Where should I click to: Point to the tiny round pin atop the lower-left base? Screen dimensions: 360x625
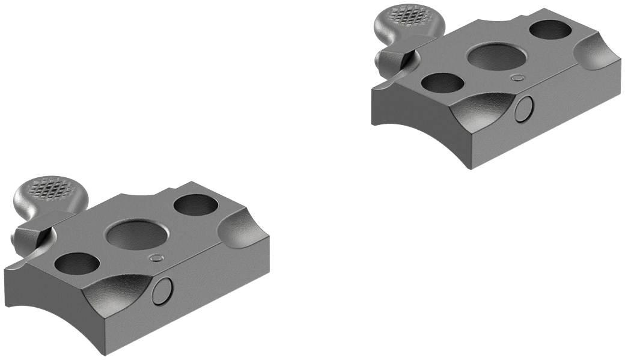click(156, 258)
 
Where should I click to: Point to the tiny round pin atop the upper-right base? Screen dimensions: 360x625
click(516, 77)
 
